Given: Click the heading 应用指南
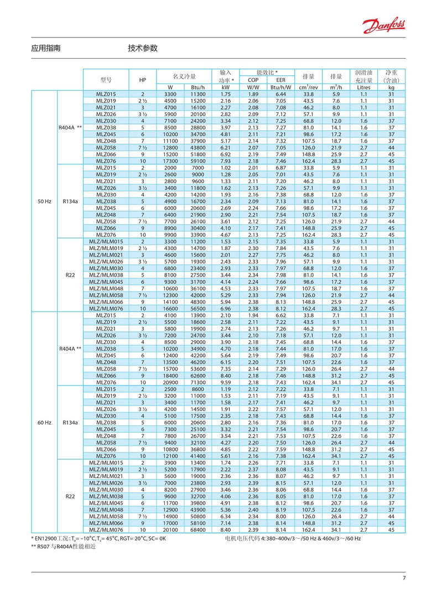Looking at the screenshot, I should click(46, 48).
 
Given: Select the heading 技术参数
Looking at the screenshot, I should click(143, 48).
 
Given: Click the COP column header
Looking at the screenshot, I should click(253, 80).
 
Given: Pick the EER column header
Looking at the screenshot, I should click(280, 80).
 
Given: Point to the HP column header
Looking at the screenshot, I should click(143, 80).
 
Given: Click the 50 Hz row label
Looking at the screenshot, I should click(45, 202).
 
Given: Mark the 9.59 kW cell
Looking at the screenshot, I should click(225, 382).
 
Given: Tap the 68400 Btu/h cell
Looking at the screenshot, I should click(197, 529).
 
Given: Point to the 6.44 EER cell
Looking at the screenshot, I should click(280, 94).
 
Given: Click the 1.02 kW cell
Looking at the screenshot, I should click(225, 168).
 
